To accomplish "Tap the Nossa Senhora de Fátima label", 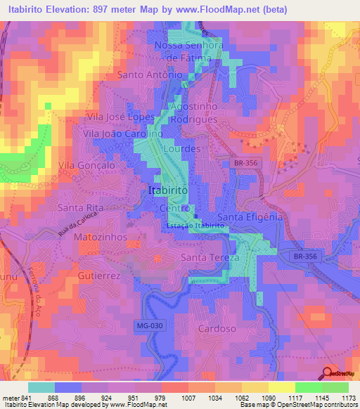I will pos(183,52).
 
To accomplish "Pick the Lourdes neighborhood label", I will pos(182,150).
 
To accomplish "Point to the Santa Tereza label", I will pos(210,258).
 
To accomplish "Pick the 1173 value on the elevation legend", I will pos(347,398).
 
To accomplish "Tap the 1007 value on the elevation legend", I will pos(172,398).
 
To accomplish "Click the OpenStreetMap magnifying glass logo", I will pos(328,374).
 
